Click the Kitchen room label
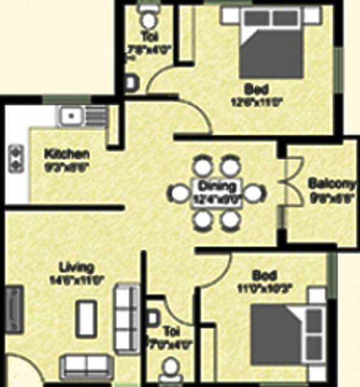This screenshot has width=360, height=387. (x=66, y=154)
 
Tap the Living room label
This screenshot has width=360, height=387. (x=77, y=266)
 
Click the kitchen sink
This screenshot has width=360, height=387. (x=70, y=117)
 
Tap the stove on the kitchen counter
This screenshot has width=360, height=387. (x=15, y=156)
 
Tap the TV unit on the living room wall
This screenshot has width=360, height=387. (x=14, y=310)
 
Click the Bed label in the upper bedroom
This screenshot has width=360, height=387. (x=252, y=88)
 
